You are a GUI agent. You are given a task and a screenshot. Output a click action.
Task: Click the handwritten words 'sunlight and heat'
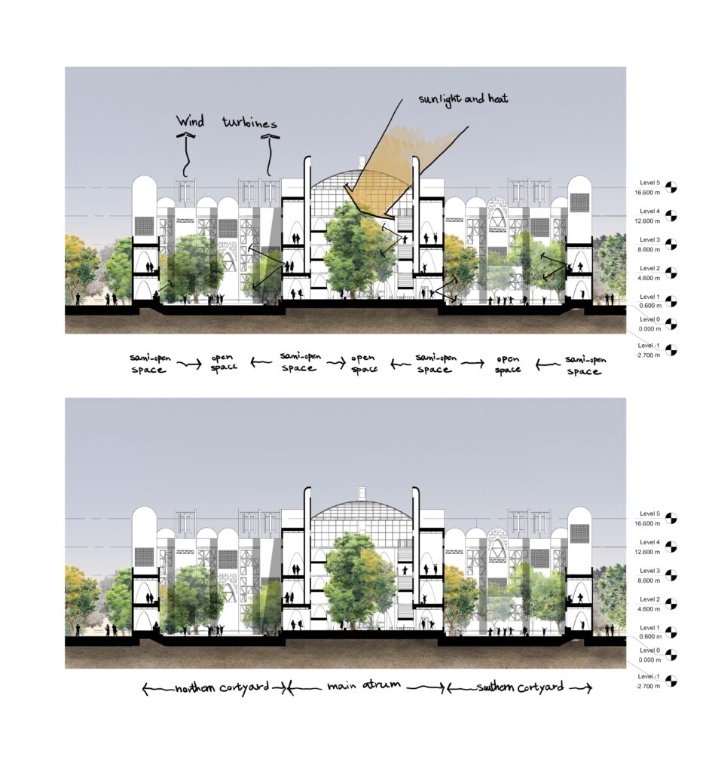(463, 99)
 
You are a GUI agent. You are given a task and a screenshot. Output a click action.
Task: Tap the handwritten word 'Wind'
(191, 121)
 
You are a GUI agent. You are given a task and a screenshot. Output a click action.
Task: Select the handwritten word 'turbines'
(249, 123)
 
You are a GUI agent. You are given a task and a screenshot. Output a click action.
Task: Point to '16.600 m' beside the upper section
(647, 193)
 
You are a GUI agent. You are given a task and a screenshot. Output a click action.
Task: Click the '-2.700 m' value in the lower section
(647, 686)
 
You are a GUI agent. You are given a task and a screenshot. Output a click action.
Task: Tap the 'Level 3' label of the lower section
(649, 571)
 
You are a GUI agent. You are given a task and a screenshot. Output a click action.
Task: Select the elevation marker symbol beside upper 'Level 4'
(671, 216)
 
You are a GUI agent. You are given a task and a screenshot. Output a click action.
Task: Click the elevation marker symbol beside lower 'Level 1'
(671, 632)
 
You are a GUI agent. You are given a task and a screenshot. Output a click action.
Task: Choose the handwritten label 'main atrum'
(364, 684)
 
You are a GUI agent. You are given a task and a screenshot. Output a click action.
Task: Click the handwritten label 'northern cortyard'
(222, 687)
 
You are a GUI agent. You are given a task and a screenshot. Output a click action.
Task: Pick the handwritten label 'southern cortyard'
(520, 687)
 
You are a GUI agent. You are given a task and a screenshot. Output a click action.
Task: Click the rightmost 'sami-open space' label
(585, 365)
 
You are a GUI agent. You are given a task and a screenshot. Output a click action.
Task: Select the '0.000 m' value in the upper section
(649, 329)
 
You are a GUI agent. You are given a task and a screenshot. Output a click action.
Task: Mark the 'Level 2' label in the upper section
(649, 269)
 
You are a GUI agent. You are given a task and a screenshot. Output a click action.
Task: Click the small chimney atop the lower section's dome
(362, 492)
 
